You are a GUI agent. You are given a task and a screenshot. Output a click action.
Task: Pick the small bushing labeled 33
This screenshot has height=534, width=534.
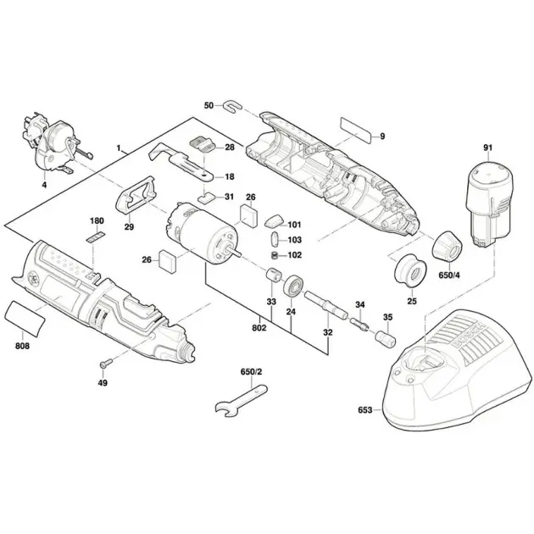272,277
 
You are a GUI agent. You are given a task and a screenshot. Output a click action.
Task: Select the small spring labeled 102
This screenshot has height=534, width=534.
275,255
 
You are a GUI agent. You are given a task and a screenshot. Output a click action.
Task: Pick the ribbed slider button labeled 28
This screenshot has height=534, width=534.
200,143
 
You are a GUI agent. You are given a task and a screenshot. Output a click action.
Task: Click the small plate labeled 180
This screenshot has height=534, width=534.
97,236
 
